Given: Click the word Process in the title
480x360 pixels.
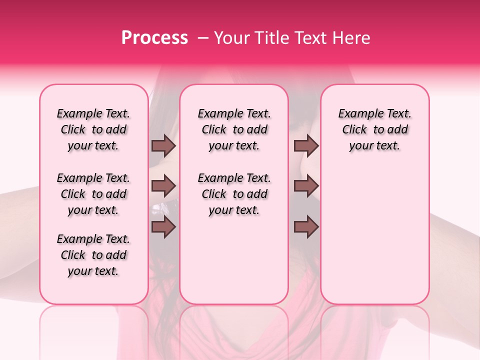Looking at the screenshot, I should [154, 38].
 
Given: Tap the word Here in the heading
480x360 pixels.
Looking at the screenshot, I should [351, 38].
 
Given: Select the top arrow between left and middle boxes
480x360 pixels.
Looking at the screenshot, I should [163, 145].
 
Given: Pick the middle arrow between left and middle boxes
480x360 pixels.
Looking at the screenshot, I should [163, 186].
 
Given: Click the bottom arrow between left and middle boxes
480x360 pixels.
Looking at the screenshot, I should [163, 227].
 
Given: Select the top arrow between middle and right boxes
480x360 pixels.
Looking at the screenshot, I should [306, 145].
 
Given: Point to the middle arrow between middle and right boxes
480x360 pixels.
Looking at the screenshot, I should [306, 186].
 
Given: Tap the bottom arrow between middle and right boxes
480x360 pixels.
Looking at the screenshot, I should [306, 227].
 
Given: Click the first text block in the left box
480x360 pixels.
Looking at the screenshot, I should [93, 129].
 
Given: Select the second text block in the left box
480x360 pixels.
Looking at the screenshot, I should [93, 194].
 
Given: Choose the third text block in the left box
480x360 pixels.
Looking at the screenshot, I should [93, 255].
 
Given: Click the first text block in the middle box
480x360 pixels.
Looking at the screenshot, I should [234, 129].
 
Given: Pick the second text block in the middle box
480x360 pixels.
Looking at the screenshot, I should [234, 194].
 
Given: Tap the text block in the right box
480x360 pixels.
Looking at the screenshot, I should [374, 129].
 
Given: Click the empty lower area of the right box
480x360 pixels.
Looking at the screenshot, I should [374, 240].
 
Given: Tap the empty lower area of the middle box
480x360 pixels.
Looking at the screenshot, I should [234, 260].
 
